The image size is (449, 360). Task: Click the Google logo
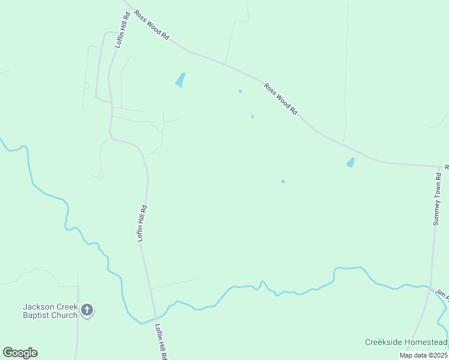(x=20, y=353)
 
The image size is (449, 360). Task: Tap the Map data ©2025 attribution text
(x=423, y=355)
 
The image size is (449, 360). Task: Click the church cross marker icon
(x=87, y=310)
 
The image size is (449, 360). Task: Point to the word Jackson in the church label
(x=39, y=307)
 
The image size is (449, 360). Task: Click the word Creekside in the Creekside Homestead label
(x=385, y=343)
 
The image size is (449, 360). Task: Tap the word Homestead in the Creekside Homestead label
(x=426, y=343)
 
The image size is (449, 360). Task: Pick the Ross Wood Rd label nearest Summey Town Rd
(x=281, y=99)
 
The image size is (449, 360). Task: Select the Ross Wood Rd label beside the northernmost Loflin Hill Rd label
(x=151, y=25)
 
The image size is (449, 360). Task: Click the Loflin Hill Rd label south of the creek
(x=160, y=341)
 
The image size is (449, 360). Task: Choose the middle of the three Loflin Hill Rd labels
(x=142, y=223)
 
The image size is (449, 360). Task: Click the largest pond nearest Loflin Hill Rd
(x=180, y=80)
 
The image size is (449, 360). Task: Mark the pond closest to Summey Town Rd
(x=350, y=162)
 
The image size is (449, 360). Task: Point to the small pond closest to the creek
(x=283, y=181)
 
